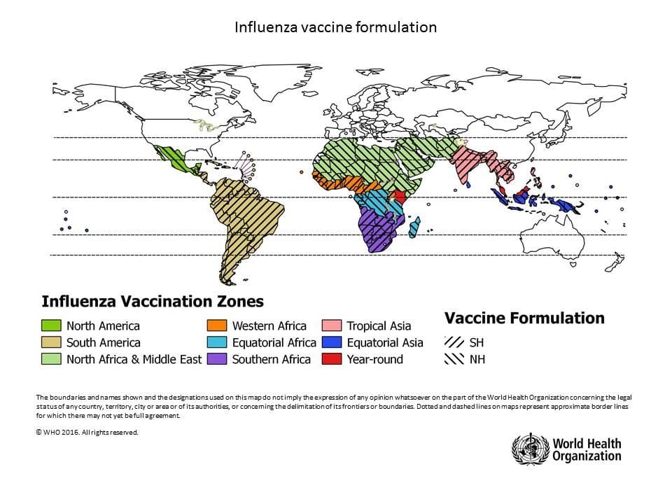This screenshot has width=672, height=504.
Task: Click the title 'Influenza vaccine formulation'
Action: (x=335, y=27)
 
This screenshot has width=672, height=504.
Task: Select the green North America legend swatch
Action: (x=51, y=325)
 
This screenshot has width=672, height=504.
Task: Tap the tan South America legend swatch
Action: (x=51, y=342)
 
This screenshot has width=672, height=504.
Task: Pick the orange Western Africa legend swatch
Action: (x=217, y=325)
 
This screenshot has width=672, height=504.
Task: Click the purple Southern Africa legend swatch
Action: (x=217, y=359)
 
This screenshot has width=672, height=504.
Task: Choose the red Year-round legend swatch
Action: (x=332, y=359)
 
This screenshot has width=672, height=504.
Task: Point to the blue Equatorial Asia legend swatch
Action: (x=332, y=342)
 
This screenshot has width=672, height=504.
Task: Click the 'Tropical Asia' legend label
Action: (x=379, y=325)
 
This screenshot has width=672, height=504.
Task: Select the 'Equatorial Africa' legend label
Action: (x=274, y=342)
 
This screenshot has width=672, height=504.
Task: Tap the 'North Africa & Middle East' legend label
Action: (x=134, y=359)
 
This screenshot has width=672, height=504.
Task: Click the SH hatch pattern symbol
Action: (x=454, y=342)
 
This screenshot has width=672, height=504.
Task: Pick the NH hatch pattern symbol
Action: (x=454, y=359)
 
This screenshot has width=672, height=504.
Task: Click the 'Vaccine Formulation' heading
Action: (x=524, y=318)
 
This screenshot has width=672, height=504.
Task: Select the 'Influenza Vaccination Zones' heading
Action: (x=153, y=302)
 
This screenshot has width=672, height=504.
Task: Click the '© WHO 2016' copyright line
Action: (x=87, y=432)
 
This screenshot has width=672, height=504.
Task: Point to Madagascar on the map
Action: (x=415, y=227)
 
